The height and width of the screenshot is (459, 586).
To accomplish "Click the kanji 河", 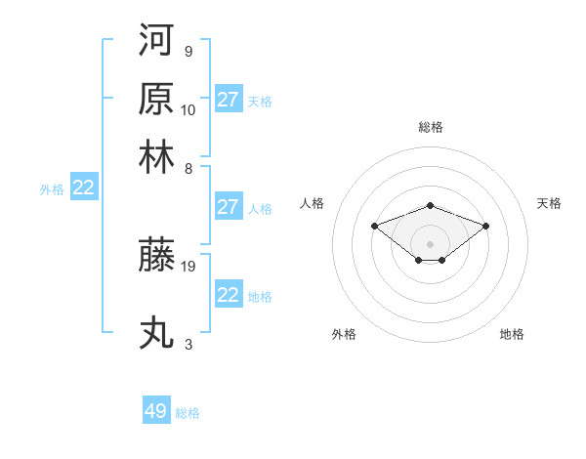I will tap(156, 40).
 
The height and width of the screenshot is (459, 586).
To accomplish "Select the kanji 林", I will tap(156, 157).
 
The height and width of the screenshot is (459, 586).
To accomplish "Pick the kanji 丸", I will tap(156, 333).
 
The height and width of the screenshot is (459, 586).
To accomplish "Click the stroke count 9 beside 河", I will tap(188, 51).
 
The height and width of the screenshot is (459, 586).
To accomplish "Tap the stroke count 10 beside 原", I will tap(188, 109).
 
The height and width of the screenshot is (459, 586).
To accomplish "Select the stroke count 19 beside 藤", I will tap(188, 264).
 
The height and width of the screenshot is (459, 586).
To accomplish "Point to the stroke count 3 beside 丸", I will tap(188, 344).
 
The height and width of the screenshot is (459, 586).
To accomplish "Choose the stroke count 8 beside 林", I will tap(188, 168).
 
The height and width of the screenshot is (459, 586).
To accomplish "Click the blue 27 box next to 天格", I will tap(229, 100).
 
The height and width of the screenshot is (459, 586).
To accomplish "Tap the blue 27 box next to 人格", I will tap(229, 207).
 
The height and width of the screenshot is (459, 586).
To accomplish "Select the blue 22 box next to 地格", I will tap(229, 295).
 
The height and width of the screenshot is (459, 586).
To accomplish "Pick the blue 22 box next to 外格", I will tap(83, 188).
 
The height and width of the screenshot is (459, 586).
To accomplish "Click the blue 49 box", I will tap(156, 411).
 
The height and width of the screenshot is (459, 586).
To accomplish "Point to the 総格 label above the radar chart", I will tap(431, 127).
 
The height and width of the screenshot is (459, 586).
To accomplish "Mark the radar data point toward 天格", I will tap(486, 226).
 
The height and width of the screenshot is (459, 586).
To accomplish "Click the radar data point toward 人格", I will tap(374, 226).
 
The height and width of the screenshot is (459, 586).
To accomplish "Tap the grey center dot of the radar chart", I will tap(431, 243).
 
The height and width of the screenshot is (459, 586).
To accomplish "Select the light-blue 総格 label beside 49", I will tap(188, 413).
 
